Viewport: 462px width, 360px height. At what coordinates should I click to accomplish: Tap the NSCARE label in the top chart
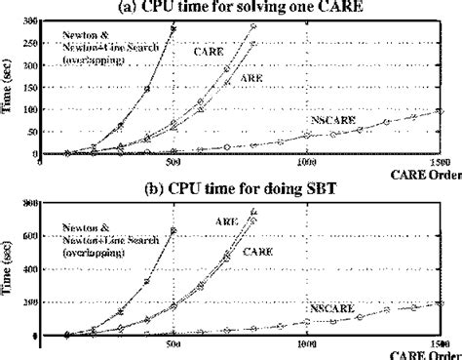[327, 117]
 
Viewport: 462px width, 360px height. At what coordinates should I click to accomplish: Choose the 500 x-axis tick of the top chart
[173, 163]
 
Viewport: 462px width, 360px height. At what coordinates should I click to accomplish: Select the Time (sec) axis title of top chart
[9, 88]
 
